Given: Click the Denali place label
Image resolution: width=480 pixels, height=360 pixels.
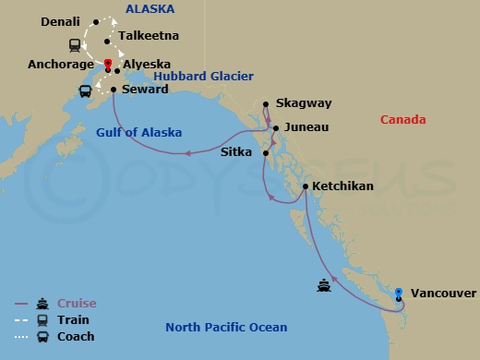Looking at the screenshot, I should coord(62,20).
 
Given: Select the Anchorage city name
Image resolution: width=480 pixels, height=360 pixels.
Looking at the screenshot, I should coord(61,65).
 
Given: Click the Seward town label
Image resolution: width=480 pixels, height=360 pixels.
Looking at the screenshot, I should coord(145,90).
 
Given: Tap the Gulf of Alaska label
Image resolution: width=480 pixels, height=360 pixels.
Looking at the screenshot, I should coord(138,132).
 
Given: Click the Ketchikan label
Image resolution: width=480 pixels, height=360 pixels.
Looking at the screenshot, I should coord(342,186).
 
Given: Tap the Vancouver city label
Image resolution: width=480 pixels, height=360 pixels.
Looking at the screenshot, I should coord(444,294).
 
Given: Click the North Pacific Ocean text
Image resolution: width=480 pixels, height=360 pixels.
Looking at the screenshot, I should coord(226,328).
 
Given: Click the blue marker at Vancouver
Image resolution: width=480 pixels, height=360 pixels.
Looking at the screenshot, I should coord(398,294).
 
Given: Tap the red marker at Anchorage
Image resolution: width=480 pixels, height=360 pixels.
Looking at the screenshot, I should coord(108,64).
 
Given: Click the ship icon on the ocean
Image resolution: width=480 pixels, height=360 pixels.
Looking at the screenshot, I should coord(324,285).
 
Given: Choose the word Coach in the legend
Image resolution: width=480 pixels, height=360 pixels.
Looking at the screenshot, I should coord(76,337).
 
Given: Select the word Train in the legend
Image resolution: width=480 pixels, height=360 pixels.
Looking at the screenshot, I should coord(73,320).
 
